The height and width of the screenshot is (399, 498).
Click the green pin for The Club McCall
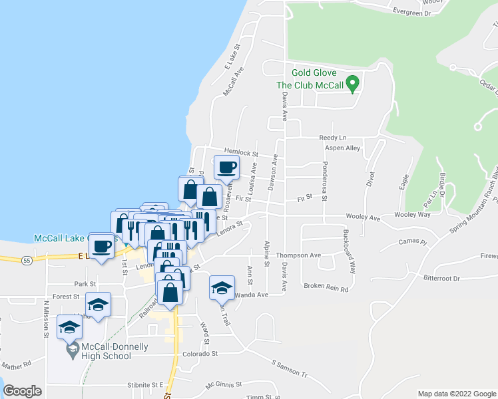pyautogui.click(x=354, y=84)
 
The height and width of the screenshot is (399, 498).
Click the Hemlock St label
pyautogui.click(x=240, y=152)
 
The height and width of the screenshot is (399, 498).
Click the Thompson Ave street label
pyautogui.click(x=299, y=255)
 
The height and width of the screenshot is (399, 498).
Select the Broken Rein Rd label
pyautogui.click(x=326, y=288)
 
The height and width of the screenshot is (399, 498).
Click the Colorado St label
pyautogui.click(x=200, y=354)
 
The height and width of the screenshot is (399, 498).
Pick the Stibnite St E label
pyautogui.click(x=144, y=385)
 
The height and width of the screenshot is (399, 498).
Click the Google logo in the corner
pyautogui.click(x=22, y=391)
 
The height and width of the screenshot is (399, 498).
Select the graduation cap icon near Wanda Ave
pyautogui.click(x=222, y=287)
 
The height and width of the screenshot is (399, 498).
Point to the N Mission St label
pyautogui.click(x=47, y=319)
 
